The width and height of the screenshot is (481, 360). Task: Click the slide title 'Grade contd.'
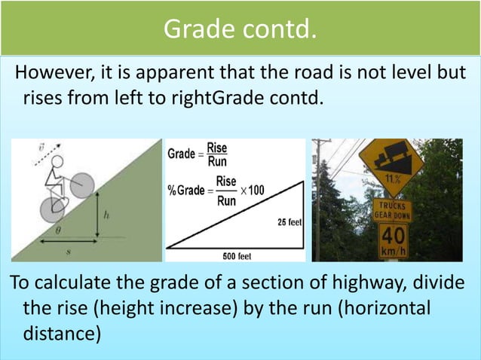pos(240,29)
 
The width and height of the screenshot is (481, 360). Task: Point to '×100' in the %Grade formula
pos(253,191)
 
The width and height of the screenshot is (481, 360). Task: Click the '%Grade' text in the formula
pos(185,191)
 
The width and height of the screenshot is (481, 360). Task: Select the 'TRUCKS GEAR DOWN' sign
pos(391,209)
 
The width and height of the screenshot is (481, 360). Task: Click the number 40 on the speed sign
pos(393,235)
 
